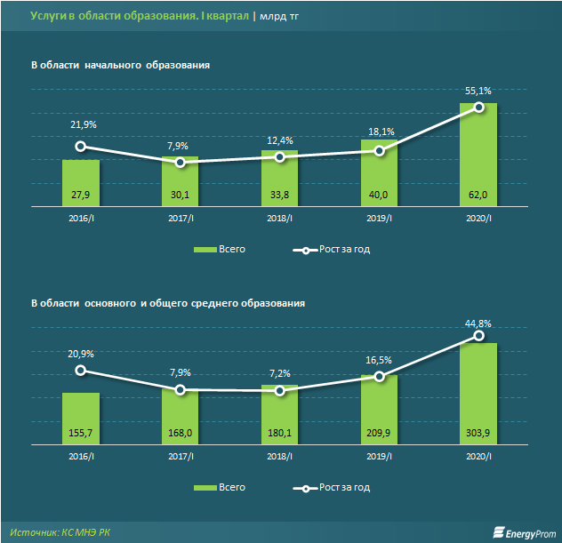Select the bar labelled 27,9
point(81,182)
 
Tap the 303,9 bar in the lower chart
point(478,391)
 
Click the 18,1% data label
point(379,131)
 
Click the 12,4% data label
point(279,140)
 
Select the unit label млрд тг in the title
point(280,17)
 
